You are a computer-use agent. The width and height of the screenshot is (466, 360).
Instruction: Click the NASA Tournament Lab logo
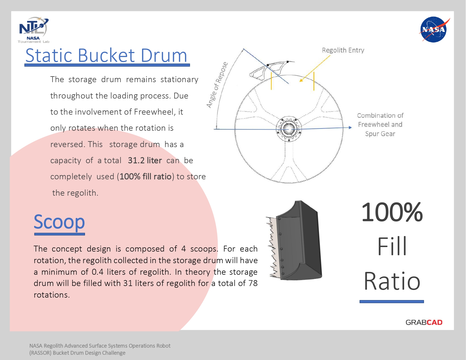[34, 30]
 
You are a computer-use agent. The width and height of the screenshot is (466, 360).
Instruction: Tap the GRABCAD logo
[424, 322]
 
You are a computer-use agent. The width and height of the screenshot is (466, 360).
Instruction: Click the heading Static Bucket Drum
[106, 55]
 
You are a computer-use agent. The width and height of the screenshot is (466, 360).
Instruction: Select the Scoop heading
[59, 222]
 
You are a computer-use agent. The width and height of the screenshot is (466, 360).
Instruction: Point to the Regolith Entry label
[343, 50]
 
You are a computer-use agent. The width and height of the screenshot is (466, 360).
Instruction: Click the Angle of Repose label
[217, 85]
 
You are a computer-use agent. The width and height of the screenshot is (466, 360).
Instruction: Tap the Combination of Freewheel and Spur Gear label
[380, 125]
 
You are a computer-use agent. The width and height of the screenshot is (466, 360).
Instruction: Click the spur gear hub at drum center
[289, 129]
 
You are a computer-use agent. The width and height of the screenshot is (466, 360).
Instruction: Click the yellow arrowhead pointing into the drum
[301, 80]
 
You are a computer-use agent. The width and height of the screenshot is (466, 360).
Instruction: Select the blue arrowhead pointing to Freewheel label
[350, 128]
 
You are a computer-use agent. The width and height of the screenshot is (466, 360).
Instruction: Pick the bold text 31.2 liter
[145, 160]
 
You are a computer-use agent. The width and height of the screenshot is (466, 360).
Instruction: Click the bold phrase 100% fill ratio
[146, 176]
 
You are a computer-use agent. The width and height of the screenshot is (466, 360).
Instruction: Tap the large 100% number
[392, 212]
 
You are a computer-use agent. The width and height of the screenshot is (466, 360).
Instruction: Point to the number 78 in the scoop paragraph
[253, 283]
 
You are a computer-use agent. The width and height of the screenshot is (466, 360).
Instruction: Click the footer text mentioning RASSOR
[100, 349]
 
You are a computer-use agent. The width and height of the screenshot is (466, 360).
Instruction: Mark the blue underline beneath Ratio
[392, 302]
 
